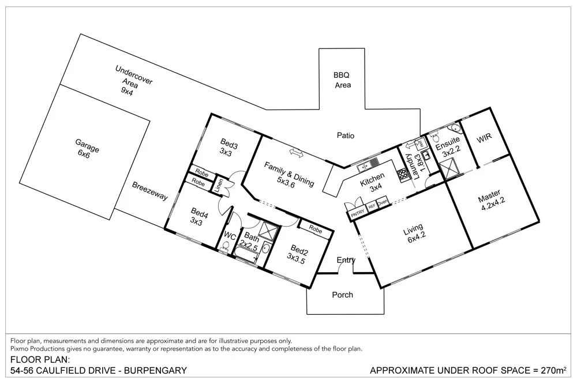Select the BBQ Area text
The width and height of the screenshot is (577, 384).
342,80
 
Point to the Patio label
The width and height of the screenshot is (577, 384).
345,135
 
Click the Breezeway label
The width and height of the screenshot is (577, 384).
150,192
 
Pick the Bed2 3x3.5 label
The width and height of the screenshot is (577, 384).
298,254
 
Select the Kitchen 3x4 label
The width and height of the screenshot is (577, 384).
372,185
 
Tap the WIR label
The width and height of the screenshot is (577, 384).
483,140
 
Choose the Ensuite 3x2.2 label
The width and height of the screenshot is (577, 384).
448,146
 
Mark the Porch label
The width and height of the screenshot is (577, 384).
342,295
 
